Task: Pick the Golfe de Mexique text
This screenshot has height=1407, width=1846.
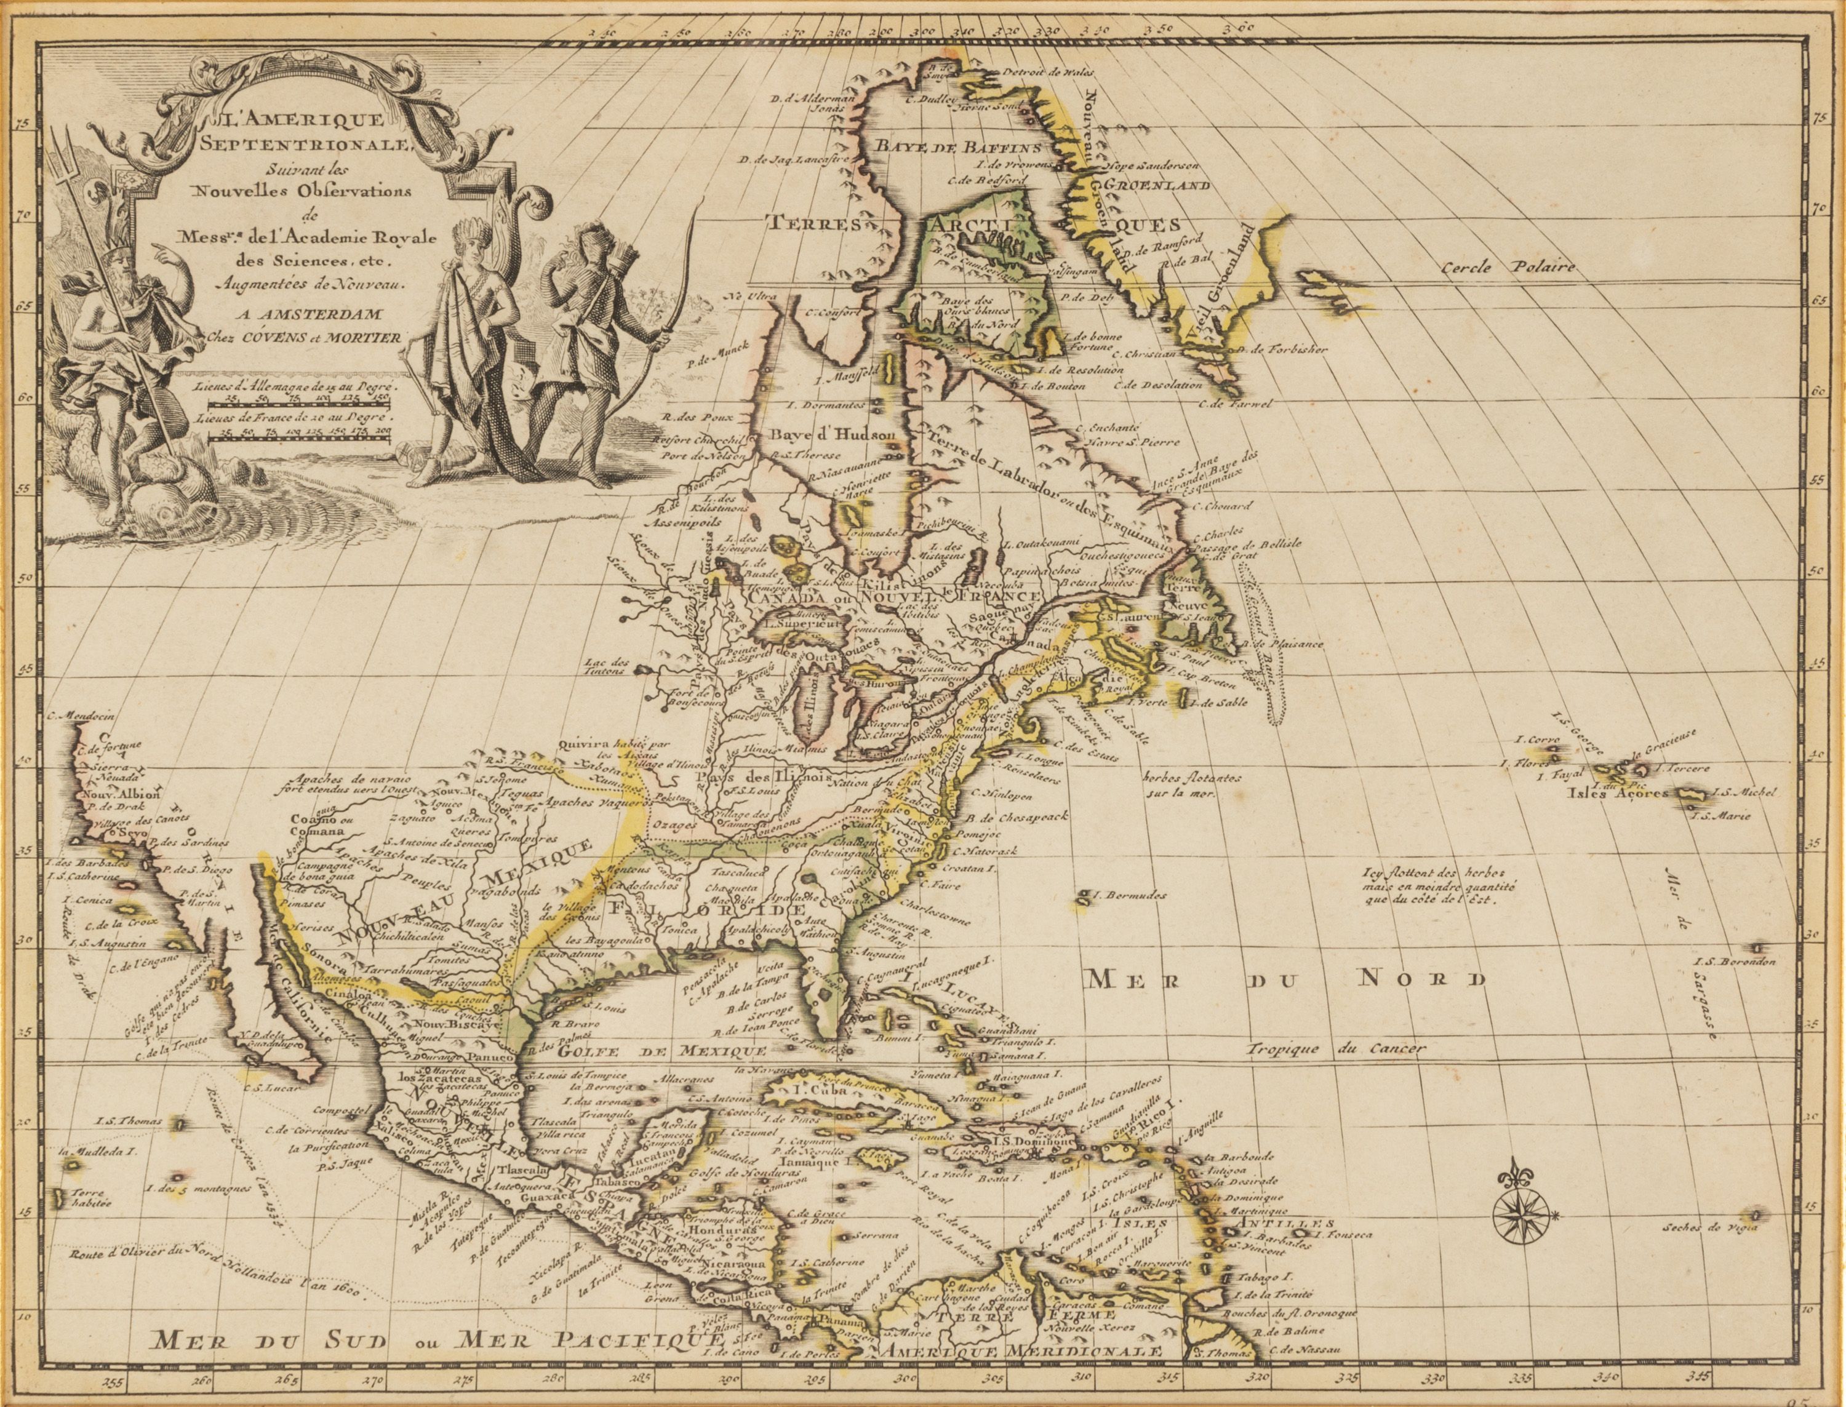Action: pyautogui.click(x=663, y=1050)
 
